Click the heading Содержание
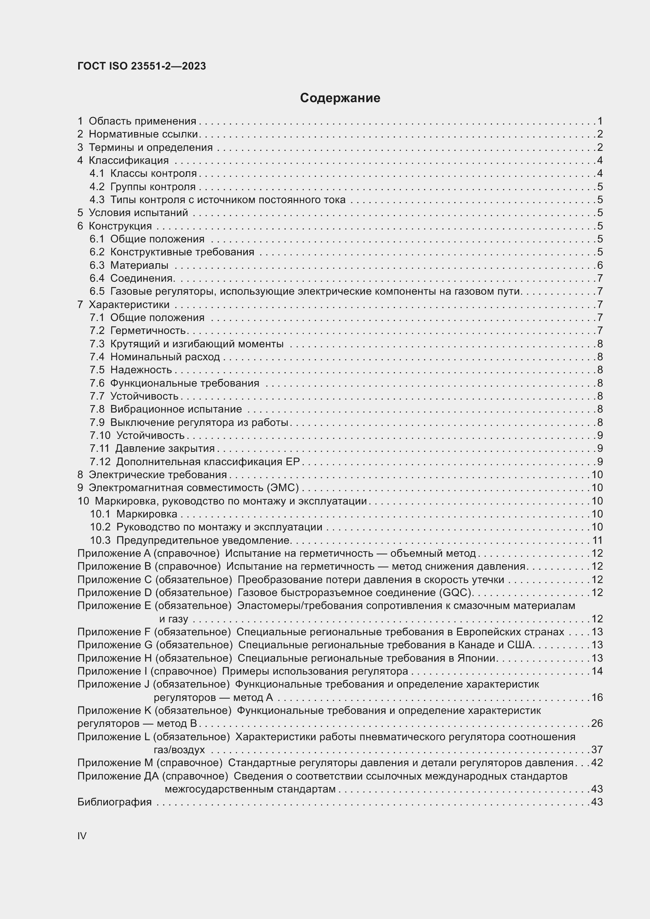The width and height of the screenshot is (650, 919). pyautogui.click(x=340, y=98)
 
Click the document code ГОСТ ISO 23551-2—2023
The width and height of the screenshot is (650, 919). pyautogui.click(x=142, y=66)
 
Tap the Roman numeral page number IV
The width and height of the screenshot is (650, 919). pyautogui.click(x=82, y=836)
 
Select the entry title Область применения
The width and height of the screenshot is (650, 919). pyautogui.click(x=143, y=121)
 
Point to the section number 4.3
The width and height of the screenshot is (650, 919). pyautogui.click(x=97, y=200)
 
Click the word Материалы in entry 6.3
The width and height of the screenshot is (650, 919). pyautogui.click(x=139, y=265)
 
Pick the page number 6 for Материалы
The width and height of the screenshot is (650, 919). pyautogui.click(x=600, y=265)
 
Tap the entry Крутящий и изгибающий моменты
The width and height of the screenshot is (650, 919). pyautogui.click(x=197, y=344)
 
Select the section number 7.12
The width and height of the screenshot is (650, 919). pyautogui.click(x=100, y=462)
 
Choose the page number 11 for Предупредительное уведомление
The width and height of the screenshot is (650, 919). pyautogui.click(x=597, y=540)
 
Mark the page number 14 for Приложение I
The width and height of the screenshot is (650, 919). pyautogui.click(x=597, y=671)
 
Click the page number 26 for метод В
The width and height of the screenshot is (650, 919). pyautogui.click(x=597, y=723)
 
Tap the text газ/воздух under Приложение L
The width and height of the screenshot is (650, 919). pyautogui.click(x=179, y=750)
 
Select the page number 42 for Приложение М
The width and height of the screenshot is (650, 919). pyautogui.click(x=597, y=763)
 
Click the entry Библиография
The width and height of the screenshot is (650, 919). pyautogui.click(x=114, y=802)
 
